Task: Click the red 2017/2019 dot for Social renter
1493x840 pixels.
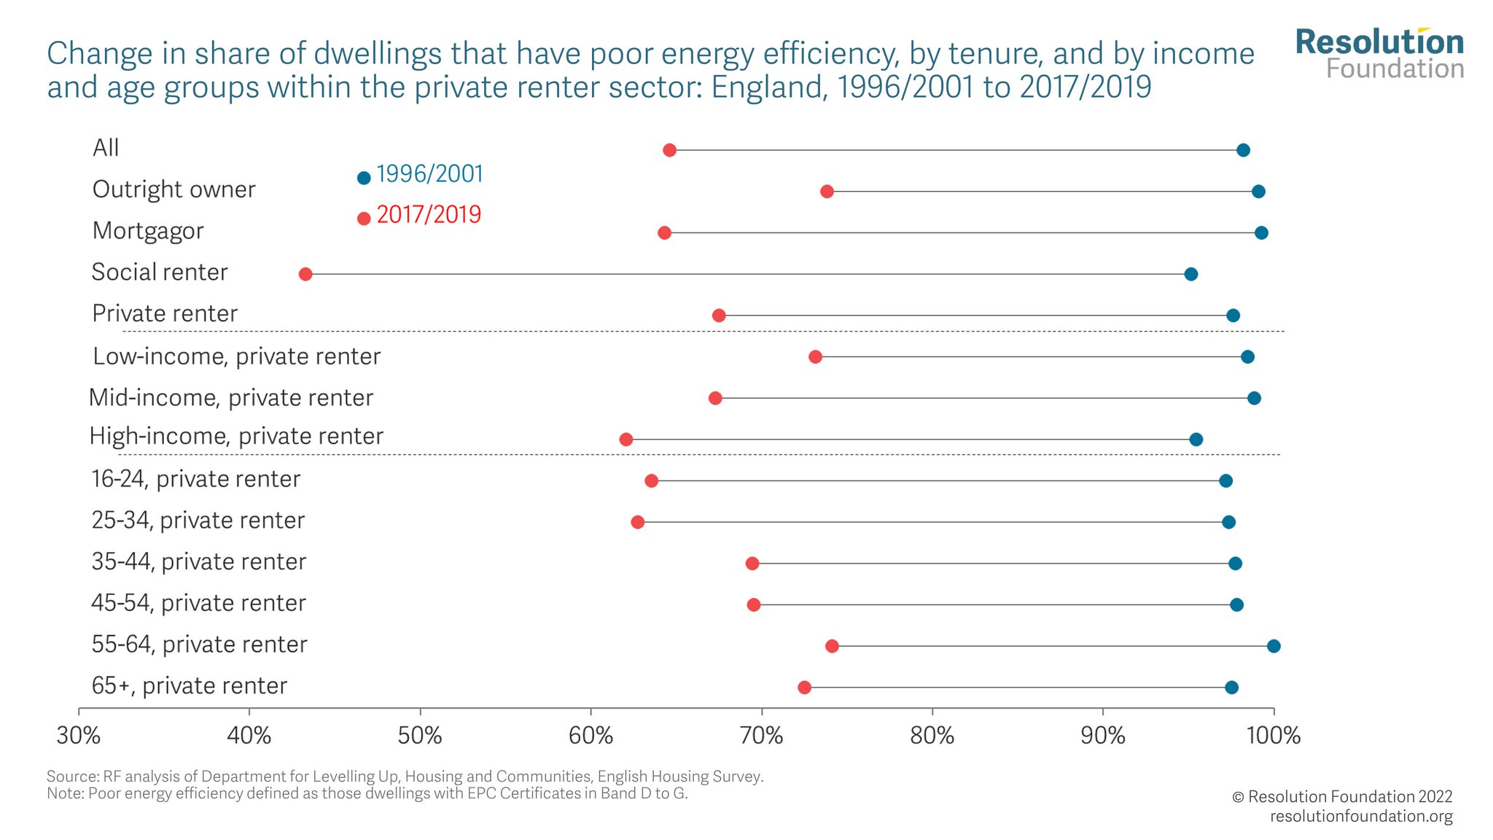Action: [x=305, y=274]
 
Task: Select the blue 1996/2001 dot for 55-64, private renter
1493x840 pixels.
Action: [x=1274, y=646]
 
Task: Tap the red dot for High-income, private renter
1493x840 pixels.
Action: [x=625, y=440]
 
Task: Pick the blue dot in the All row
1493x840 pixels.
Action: [x=1243, y=150]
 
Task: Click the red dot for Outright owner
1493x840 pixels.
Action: [x=827, y=192]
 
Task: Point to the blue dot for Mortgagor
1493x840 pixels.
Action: [x=1261, y=233]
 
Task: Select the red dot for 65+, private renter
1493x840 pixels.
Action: [x=804, y=688]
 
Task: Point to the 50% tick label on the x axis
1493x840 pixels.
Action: [x=420, y=736]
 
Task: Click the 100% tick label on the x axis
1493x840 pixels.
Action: [x=1274, y=736]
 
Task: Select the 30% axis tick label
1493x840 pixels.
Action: [x=79, y=736]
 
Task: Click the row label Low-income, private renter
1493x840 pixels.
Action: [x=236, y=357]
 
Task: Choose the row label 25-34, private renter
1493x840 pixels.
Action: [x=198, y=521]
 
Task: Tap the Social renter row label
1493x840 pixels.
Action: [x=160, y=273]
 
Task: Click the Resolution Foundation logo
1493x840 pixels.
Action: [x=1379, y=54]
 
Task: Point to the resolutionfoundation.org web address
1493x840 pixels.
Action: [x=1361, y=817]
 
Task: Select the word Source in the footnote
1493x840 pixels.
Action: [x=71, y=777]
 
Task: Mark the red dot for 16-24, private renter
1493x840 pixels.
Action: [x=651, y=481]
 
